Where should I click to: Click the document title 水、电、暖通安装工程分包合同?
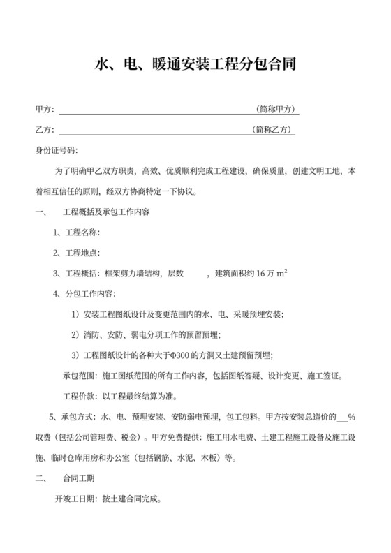coord(195,66)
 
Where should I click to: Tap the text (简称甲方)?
coord(277,110)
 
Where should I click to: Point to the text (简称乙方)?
coord(274,130)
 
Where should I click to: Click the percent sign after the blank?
coord(353,418)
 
